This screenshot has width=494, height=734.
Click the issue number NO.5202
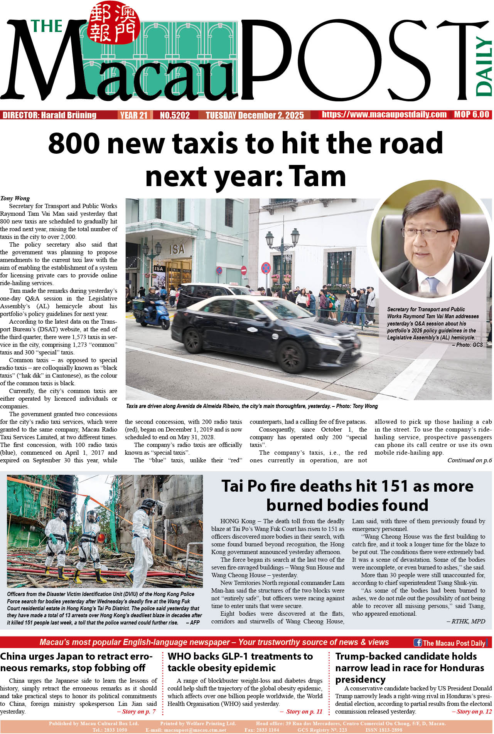pos(175,115)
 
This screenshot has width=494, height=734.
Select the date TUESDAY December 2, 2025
pos(255,115)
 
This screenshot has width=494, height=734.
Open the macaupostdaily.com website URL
pos(384,114)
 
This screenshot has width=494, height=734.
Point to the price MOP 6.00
pos(471,114)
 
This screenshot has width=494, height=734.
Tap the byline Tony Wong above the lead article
pos(15,198)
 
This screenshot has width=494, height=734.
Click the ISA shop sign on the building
pos(177,249)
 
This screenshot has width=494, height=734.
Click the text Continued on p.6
pos(469,460)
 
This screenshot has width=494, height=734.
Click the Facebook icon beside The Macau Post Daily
pos(418,642)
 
